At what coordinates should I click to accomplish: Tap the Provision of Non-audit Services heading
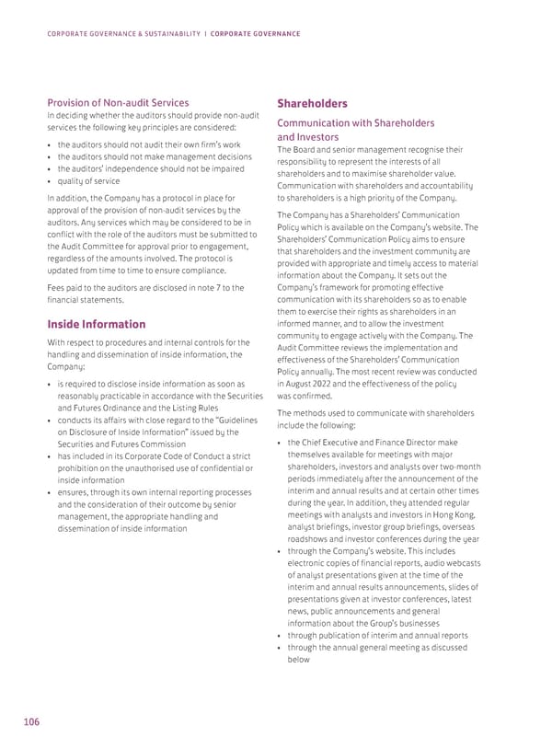pyautogui.click(x=119, y=102)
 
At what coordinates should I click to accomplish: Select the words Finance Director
pyautogui.click(x=411, y=444)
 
